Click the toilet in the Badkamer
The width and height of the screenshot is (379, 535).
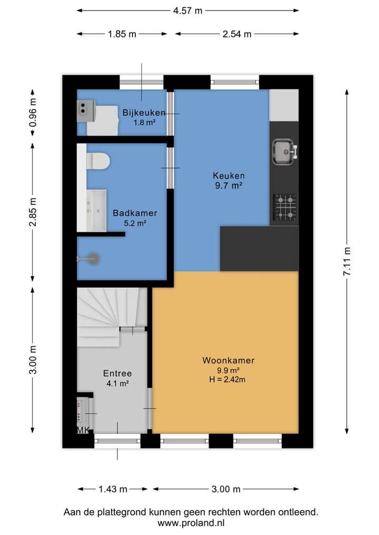[x=98, y=160]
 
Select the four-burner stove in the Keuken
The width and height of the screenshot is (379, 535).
[x=284, y=207]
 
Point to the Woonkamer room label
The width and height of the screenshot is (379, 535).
[x=228, y=360]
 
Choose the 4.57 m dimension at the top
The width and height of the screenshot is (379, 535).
[x=187, y=11]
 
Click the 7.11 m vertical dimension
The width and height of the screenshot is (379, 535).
[x=347, y=261]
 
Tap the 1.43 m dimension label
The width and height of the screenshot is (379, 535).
[x=113, y=489]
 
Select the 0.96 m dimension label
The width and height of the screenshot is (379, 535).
[x=33, y=113]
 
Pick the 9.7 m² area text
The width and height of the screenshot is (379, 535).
[x=228, y=186]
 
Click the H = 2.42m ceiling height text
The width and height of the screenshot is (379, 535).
[x=227, y=379]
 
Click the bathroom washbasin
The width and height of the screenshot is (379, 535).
[x=96, y=210]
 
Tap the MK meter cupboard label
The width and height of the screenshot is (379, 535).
[x=83, y=430]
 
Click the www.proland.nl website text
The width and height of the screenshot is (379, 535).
[x=191, y=523]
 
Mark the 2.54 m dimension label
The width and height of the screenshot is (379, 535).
[x=237, y=34]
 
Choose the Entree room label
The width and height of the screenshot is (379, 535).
[x=117, y=374]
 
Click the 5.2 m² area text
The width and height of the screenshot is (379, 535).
[x=135, y=224]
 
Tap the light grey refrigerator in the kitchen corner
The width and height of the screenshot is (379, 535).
[x=284, y=105]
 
